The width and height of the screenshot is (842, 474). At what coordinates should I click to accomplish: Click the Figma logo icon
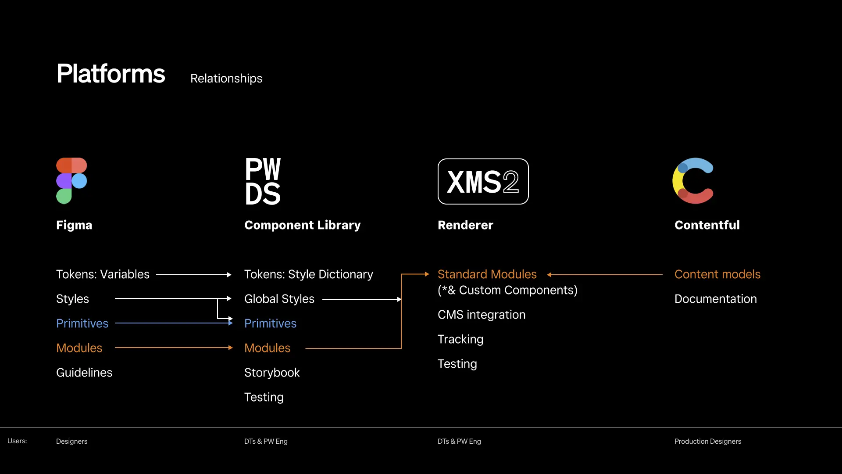(71, 180)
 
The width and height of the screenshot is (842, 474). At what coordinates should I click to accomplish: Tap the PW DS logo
(263, 181)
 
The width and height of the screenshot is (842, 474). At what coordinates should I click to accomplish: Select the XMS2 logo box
(483, 181)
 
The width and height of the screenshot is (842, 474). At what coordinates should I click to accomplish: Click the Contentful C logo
(693, 181)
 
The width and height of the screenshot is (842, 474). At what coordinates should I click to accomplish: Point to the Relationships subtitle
(226, 79)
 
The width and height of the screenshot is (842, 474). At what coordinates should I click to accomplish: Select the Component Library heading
(302, 225)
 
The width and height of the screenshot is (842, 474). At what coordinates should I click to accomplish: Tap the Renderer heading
(465, 225)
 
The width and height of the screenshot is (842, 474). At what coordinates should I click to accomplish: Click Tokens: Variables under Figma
(103, 274)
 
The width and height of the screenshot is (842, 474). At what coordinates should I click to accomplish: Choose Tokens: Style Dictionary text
(308, 274)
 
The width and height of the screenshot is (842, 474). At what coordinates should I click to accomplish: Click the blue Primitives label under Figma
(82, 323)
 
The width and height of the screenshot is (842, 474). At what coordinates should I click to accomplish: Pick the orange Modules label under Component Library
(267, 348)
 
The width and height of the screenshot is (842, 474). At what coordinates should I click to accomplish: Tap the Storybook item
(271, 373)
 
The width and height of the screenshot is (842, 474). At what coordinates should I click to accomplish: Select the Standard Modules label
(487, 274)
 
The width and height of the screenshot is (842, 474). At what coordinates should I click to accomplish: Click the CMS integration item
(481, 315)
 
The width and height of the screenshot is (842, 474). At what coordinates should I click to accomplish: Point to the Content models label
(717, 274)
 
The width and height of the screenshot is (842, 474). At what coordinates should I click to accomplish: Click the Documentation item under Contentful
(715, 299)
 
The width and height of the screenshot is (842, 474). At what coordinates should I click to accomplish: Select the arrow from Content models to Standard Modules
(605, 275)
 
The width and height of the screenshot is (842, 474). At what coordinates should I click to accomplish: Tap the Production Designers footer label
(707, 441)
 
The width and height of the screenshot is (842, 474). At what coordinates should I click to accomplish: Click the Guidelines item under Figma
(84, 373)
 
